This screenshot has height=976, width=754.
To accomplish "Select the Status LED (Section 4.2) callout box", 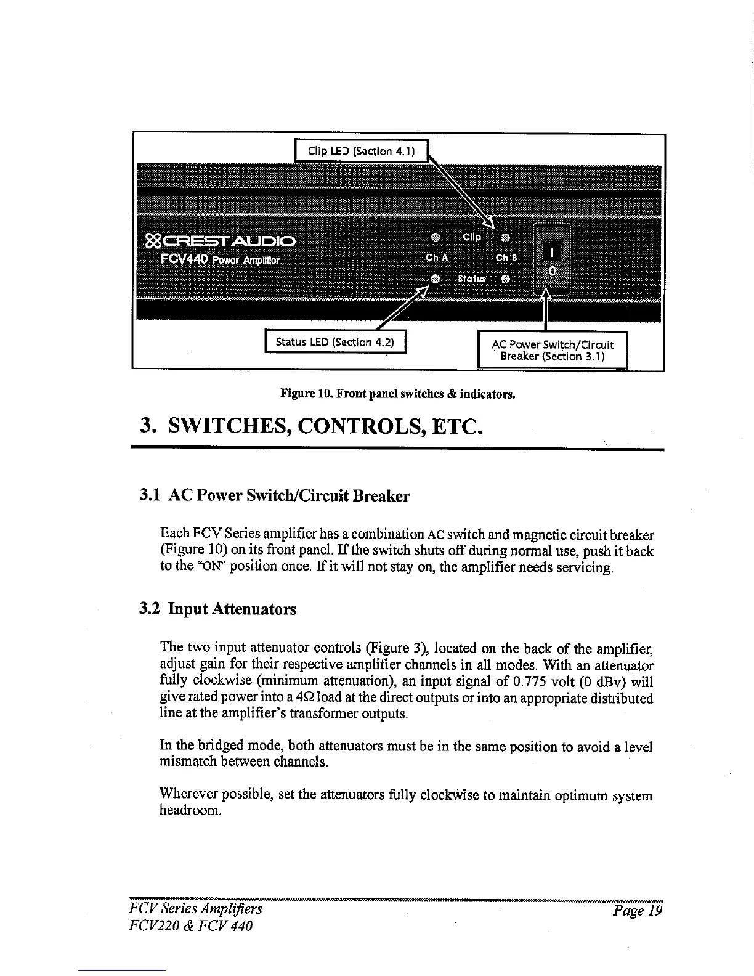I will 335,341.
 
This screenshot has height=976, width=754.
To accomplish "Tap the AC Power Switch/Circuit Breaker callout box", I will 553,350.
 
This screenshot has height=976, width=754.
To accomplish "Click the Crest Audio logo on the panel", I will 221,240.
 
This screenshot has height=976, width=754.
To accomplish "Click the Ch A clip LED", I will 435,237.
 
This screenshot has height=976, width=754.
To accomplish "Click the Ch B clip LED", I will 505,237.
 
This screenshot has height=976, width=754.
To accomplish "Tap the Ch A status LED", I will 435,278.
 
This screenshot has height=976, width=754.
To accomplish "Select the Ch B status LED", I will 505,278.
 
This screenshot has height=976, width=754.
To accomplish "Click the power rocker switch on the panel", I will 553,261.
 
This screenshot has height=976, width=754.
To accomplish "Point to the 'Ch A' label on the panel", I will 436,258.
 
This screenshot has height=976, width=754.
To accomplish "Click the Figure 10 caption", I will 397,392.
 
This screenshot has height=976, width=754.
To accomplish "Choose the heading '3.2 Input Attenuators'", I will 217,609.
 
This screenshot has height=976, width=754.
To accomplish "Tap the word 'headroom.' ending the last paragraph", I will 190,811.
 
